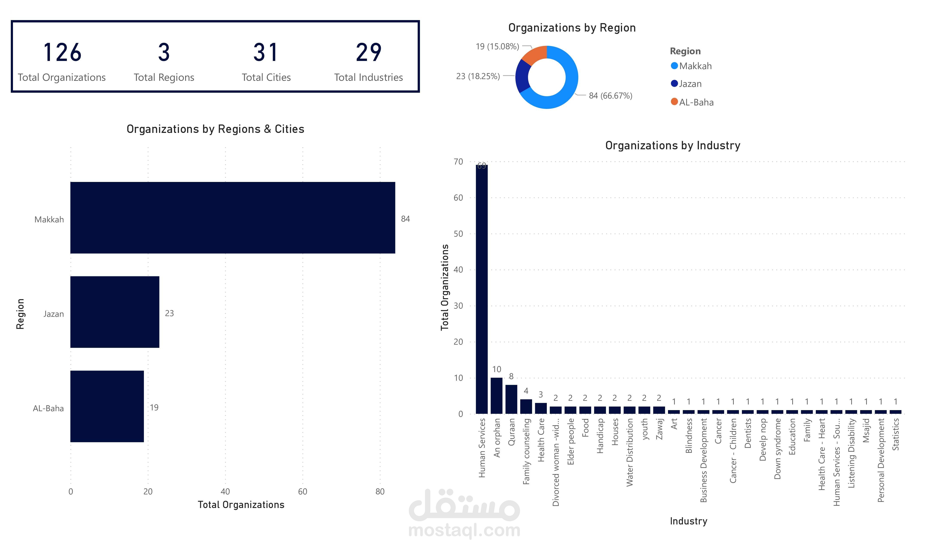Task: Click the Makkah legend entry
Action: (691, 66)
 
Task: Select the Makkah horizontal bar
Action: (233, 218)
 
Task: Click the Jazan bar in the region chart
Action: (115, 312)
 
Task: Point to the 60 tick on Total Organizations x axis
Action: (302, 492)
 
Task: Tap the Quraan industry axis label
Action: (511, 432)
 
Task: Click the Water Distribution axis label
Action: (630, 452)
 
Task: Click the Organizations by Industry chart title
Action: (673, 145)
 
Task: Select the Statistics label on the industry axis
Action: (895, 434)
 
